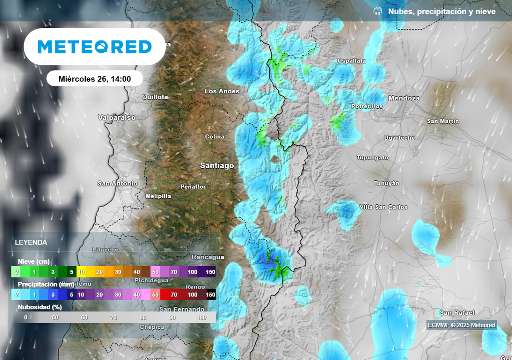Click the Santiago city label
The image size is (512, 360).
click(217, 165)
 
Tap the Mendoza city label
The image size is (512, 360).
click(404, 98)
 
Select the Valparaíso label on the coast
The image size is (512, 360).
click(117, 118)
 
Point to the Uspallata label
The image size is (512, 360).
click(352, 61)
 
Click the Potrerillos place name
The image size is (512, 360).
click(367, 106)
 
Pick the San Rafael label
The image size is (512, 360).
click(457, 313)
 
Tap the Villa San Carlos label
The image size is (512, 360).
click(383, 207)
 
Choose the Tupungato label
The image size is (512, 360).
click(372, 157)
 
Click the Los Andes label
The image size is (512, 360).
click(222, 91)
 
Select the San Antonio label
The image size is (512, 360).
click(117, 183)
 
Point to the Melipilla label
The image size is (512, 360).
click(158, 196)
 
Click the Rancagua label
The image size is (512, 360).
click(208, 257)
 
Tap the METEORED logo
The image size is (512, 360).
click(95, 47)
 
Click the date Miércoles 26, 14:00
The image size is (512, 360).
click(95, 79)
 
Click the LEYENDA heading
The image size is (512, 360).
click(31, 242)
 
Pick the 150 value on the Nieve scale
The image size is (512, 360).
click(210, 272)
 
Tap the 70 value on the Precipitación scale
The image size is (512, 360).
click(174, 295)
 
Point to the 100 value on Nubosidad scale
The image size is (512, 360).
click(202, 317)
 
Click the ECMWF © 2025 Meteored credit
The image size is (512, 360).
click(461, 325)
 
